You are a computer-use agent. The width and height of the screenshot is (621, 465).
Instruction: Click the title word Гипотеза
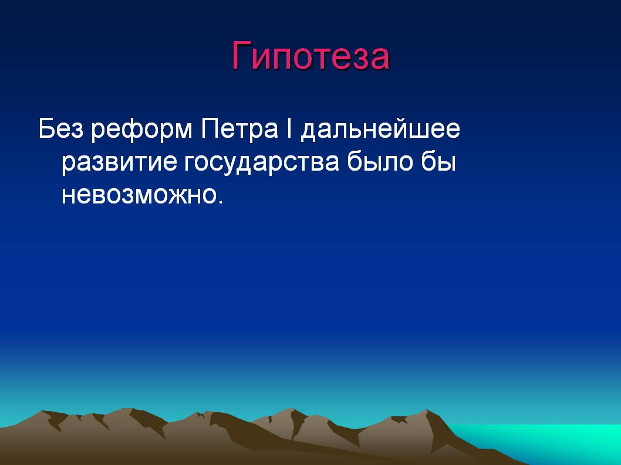[x=310, y=56]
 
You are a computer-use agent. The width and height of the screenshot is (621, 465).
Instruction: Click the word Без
[x=61, y=128]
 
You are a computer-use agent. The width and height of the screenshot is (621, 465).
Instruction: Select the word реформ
[x=142, y=130]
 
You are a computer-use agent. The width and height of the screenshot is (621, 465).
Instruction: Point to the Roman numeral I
[x=289, y=128]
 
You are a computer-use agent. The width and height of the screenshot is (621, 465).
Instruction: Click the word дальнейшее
[x=380, y=130]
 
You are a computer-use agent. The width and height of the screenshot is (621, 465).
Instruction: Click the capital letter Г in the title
[x=241, y=55]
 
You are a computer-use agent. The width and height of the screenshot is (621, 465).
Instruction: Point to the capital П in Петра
[x=210, y=128]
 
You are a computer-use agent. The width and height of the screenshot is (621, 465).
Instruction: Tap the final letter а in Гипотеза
[x=381, y=59]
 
